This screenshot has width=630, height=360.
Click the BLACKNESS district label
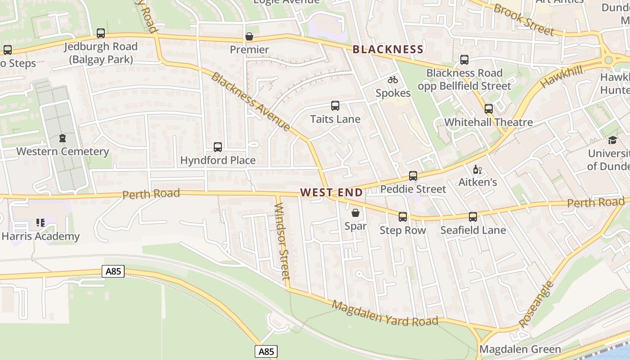coord(388,49)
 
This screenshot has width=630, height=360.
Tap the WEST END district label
coord(331,193)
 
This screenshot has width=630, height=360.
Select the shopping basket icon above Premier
coord(249,36)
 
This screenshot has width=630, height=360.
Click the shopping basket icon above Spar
coord(355,213)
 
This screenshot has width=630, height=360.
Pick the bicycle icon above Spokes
coord(393,80)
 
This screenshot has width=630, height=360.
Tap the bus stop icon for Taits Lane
coord(335,106)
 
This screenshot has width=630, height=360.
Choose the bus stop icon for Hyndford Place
coord(218,147)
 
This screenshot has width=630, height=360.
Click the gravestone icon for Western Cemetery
coord(63,138)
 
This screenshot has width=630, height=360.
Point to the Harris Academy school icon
coord(40,223)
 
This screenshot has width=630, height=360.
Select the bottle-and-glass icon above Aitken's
coord(477,170)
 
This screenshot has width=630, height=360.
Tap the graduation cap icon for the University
coord(612,140)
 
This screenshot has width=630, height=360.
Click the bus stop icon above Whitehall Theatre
coord(489,109)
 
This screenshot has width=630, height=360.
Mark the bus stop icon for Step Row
coord(403,217)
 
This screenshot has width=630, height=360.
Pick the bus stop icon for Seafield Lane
coord(473,217)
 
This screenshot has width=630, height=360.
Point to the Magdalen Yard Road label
coord(385,314)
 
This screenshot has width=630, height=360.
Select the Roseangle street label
coord(535,305)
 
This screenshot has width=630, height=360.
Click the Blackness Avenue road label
coord(251,101)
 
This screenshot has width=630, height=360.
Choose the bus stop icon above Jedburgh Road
coord(101,33)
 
